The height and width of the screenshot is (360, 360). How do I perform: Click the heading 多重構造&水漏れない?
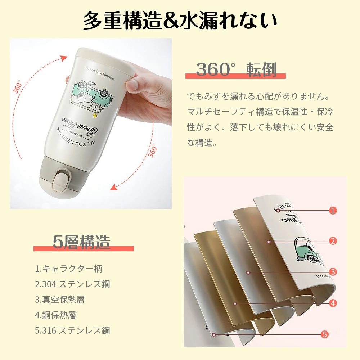pyautogui.click(x=180, y=21)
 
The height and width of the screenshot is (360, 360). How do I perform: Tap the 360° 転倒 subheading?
pyautogui.click(x=237, y=69)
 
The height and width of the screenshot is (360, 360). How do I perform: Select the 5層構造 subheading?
pyautogui.click(x=82, y=242)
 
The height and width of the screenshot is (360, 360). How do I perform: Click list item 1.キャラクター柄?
pyautogui.click(x=69, y=269)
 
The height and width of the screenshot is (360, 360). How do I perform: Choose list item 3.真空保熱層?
pyautogui.click(x=60, y=300)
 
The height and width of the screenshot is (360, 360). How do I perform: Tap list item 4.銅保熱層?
pyautogui.click(x=55, y=315)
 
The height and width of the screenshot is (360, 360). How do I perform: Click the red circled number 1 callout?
pyautogui.click(x=333, y=210)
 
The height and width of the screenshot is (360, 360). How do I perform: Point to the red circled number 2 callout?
pyautogui.click(x=333, y=241)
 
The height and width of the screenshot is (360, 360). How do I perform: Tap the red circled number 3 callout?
pyautogui.click(x=333, y=272)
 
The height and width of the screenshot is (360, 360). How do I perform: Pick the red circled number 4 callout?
pyautogui.click(x=333, y=303)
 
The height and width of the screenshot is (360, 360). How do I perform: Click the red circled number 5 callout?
pyautogui.click(x=324, y=334)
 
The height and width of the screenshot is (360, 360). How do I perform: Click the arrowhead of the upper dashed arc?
pyautogui.click(x=64, y=58)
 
